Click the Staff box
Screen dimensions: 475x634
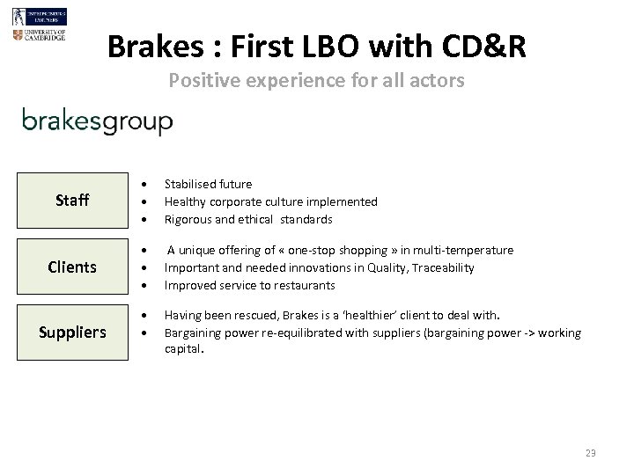[72, 201]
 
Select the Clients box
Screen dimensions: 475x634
[72, 267]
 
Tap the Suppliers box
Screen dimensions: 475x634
[72, 332]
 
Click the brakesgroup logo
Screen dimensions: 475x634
[97, 121]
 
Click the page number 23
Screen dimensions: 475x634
[590, 452]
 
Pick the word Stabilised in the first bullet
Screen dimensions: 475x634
[192, 184]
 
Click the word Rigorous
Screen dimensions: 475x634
[190, 219]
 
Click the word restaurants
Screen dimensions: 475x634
[305, 285]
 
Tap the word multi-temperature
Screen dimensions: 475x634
[466, 250]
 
